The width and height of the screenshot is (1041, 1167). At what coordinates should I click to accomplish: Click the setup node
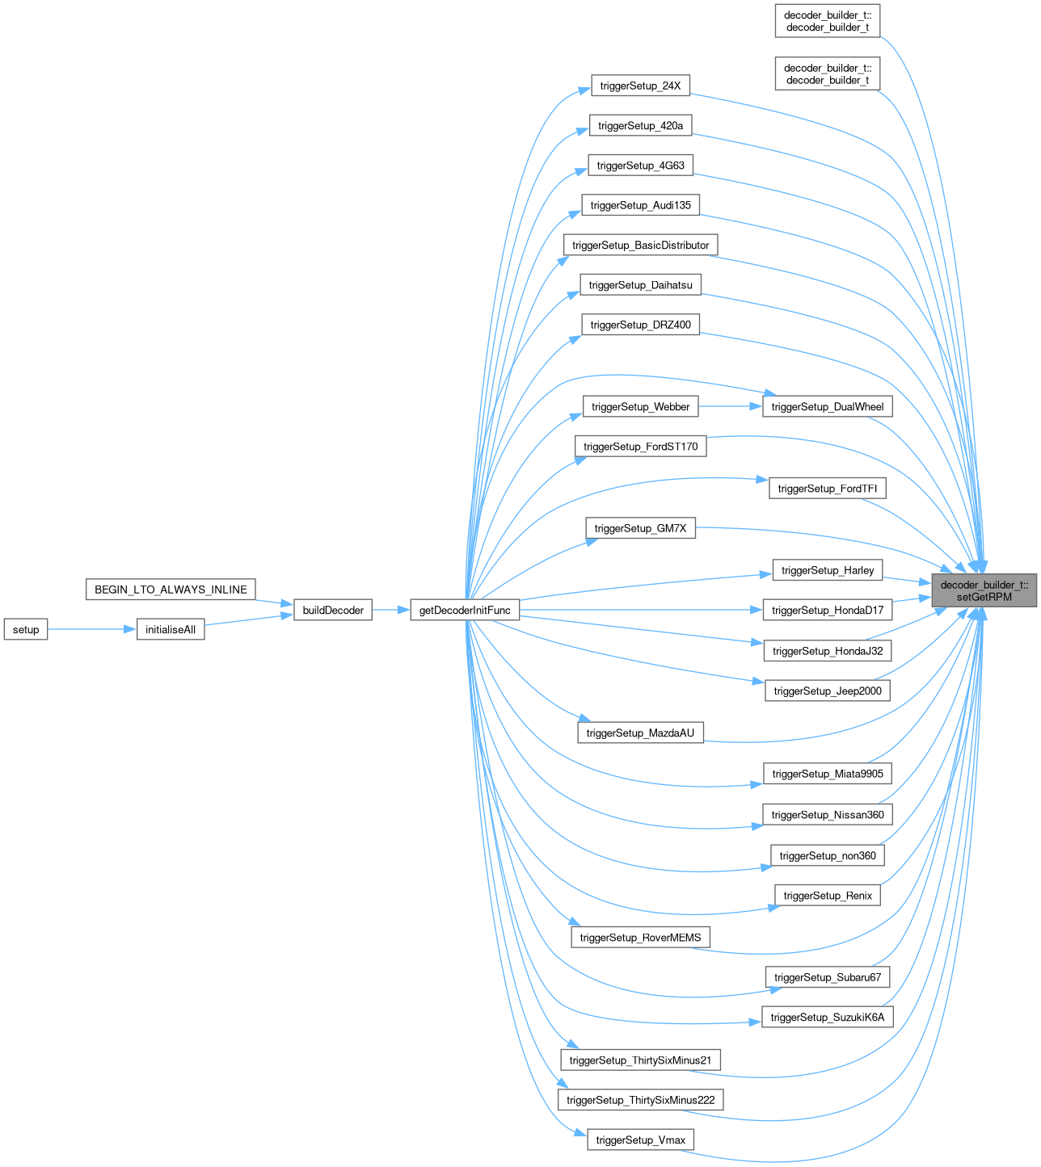(x=26, y=630)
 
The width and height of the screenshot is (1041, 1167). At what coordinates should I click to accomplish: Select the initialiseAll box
(x=171, y=630)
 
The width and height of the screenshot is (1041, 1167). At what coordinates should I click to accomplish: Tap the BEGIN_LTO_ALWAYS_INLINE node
(x=171, y=590)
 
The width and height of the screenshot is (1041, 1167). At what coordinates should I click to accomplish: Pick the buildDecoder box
(x=333, y=611)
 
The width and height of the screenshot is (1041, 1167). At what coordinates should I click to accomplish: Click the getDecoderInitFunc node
(x=465, y=611)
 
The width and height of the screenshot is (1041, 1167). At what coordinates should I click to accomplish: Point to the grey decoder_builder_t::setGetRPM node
(x=984, y=591)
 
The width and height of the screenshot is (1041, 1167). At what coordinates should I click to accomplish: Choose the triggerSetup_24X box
(x=640, y=86)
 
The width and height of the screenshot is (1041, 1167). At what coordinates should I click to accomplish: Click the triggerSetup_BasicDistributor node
(x=640, y=246)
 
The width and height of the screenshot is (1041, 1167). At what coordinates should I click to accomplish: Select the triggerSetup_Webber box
(x=640, y=407)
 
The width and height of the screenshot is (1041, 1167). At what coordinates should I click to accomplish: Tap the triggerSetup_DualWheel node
(x=828, y=407)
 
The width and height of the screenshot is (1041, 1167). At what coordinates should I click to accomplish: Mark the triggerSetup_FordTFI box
(x=828, y=489)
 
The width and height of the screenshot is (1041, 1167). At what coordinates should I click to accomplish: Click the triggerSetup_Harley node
(x=828, y=570)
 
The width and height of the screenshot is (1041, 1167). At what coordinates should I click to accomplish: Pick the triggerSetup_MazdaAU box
(x=640, y=733)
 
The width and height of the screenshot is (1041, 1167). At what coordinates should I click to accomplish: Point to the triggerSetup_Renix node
(x=828, y=896)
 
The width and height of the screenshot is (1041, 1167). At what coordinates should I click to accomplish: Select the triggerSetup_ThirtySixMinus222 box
(x=640, y=1100)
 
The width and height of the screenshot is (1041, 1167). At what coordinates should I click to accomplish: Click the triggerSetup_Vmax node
(x=640, y=1140)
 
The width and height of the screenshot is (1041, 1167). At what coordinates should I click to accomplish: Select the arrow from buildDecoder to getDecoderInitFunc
(x=391, y=611)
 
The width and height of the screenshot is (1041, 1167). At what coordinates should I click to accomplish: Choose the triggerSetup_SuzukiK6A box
(x=828, y=1018)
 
